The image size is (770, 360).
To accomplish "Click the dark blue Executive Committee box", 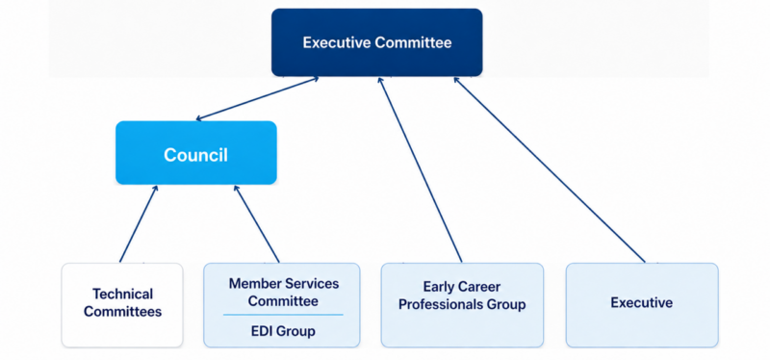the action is pos(376,42).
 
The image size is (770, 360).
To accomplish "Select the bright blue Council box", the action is pos(196,153).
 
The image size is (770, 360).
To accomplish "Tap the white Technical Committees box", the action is pos(122,305).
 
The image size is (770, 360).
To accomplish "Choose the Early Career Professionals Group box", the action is pos(462,305).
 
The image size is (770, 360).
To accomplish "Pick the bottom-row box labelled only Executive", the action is pos(642,305).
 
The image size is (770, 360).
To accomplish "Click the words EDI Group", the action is pos(283,331).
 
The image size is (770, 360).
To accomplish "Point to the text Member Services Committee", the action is pos(283,292).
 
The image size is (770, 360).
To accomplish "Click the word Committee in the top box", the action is pos(413,42).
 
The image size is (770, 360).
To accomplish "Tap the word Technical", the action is pos(123,295).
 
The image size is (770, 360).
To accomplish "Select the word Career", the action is pos(478,287).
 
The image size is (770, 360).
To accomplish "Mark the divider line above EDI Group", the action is pos(283,315).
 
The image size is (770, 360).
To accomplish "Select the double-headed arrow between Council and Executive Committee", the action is pos(257,98).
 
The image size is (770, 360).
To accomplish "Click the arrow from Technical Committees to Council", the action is pos(139,223).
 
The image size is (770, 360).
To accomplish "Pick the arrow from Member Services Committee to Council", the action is pos(256,223).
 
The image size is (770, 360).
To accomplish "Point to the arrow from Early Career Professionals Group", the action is pos(420,169).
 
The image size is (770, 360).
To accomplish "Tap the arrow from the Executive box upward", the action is pos(549,169).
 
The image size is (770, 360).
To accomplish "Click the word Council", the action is pos(196,155).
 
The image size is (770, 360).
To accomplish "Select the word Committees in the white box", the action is pos(123,311).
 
